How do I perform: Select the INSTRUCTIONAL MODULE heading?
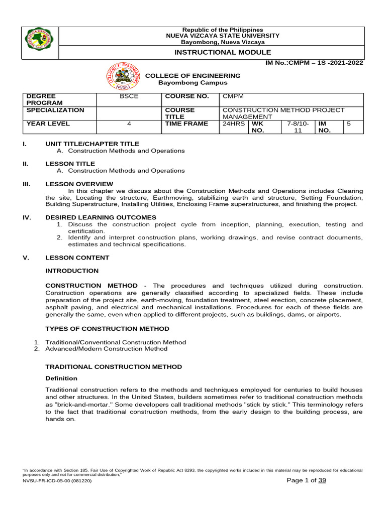click(223, 52)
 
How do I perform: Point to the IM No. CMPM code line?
click(311, 63)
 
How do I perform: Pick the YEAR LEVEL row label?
click(48, 123)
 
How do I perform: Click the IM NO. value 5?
click(348, 123)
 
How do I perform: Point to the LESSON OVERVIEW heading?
click(79, 184)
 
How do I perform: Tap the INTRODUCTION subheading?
click(72, 271)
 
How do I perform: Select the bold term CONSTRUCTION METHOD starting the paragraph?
click(91, 286)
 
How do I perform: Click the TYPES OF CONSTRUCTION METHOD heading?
click(107, 329)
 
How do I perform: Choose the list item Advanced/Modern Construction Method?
click(106, 349)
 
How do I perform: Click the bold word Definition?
click(61, 378)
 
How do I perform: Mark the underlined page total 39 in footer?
click(322, 481)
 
